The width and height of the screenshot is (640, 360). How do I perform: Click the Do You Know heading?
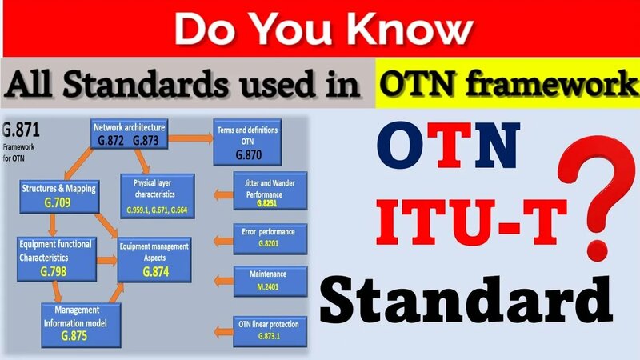(x=319, y=30)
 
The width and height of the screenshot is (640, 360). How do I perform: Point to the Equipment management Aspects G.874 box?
(x=154, y=259)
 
